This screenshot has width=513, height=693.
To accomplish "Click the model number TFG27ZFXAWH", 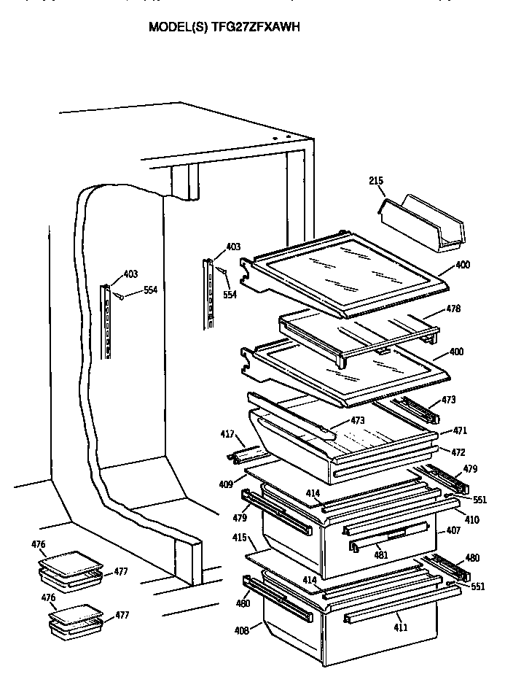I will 254,27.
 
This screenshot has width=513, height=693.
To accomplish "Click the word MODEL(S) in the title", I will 178,27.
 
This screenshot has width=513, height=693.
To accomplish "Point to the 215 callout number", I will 376,181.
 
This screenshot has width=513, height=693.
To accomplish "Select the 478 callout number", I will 453,309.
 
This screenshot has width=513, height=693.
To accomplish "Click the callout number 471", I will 460,432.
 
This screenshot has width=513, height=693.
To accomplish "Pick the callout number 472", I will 458,452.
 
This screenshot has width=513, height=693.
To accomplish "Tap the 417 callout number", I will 227,435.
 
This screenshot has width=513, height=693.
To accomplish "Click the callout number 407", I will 453,530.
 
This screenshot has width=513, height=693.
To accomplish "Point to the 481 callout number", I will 381,555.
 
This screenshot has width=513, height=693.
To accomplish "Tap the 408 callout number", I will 241,630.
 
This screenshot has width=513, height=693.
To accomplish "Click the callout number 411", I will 401,627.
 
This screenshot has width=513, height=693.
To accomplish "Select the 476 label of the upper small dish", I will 39,543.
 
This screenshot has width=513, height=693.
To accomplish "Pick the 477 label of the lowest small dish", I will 121,615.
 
